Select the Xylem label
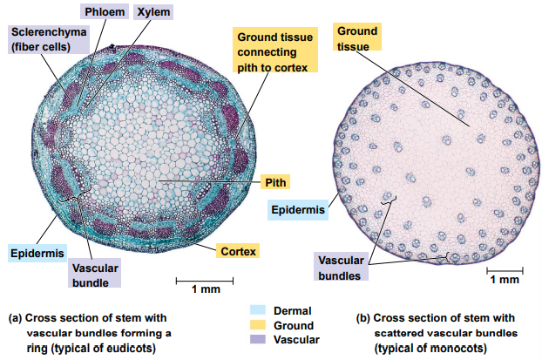(x=153, y=12)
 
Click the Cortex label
(x=238, y=251)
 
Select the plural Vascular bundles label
(x=339, y=268)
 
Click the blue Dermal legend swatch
(x=257, y=309)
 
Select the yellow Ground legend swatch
(x=257, y=324)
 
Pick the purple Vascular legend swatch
(x=257, y=339)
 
